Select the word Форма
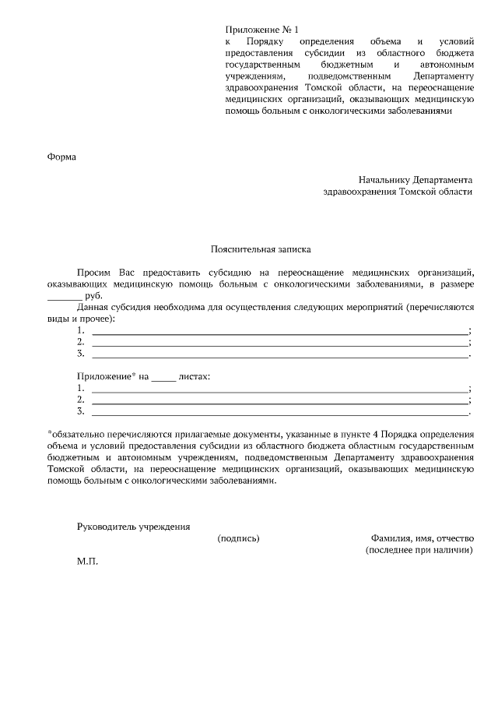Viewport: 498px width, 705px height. (62, 157)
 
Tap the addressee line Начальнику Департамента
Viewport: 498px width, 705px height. (415, 178)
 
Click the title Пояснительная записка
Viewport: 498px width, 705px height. (261, 250)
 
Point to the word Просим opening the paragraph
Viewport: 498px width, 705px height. (94, 273)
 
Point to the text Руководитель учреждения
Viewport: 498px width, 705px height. (133, 527)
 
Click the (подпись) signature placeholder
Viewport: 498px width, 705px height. (238, 538)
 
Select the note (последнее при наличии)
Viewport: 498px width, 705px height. (419, 550)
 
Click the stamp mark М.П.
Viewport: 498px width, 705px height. (87, 561)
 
